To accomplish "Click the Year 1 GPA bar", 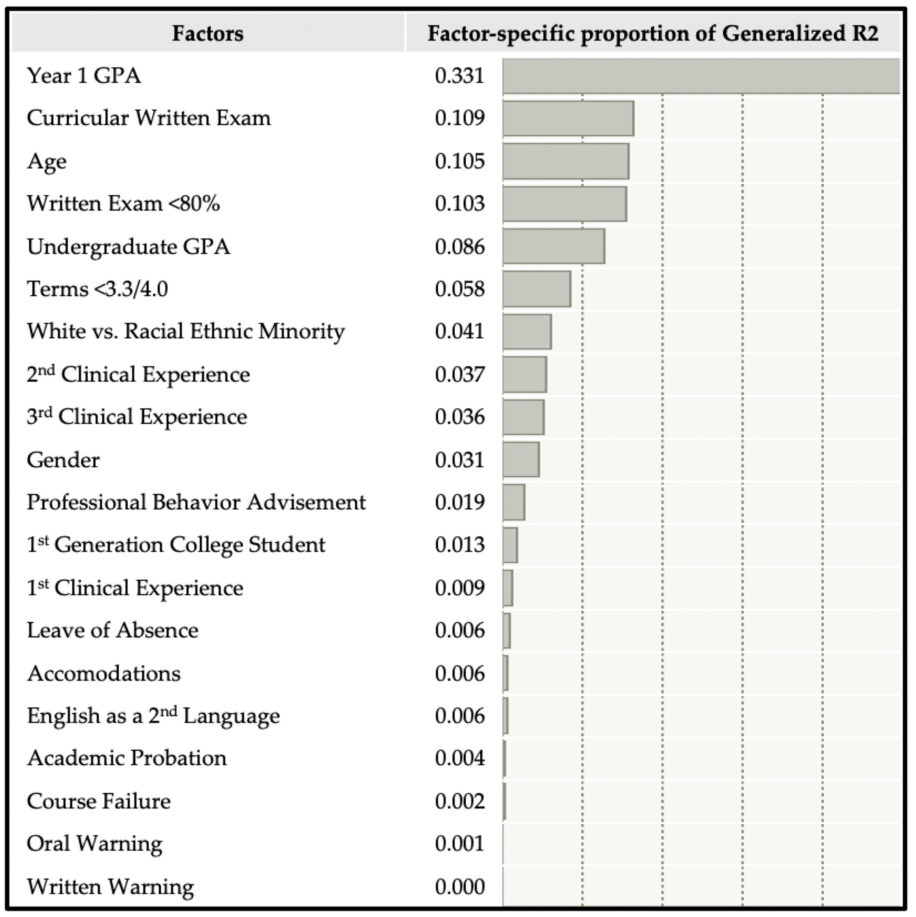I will (701, 76).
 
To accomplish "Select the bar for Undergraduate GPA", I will (553, 246).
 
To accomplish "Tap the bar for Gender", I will (521, 459).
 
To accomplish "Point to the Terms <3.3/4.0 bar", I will (537, 289).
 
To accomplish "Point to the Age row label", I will (47, 161).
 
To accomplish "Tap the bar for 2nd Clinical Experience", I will (525, 374).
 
